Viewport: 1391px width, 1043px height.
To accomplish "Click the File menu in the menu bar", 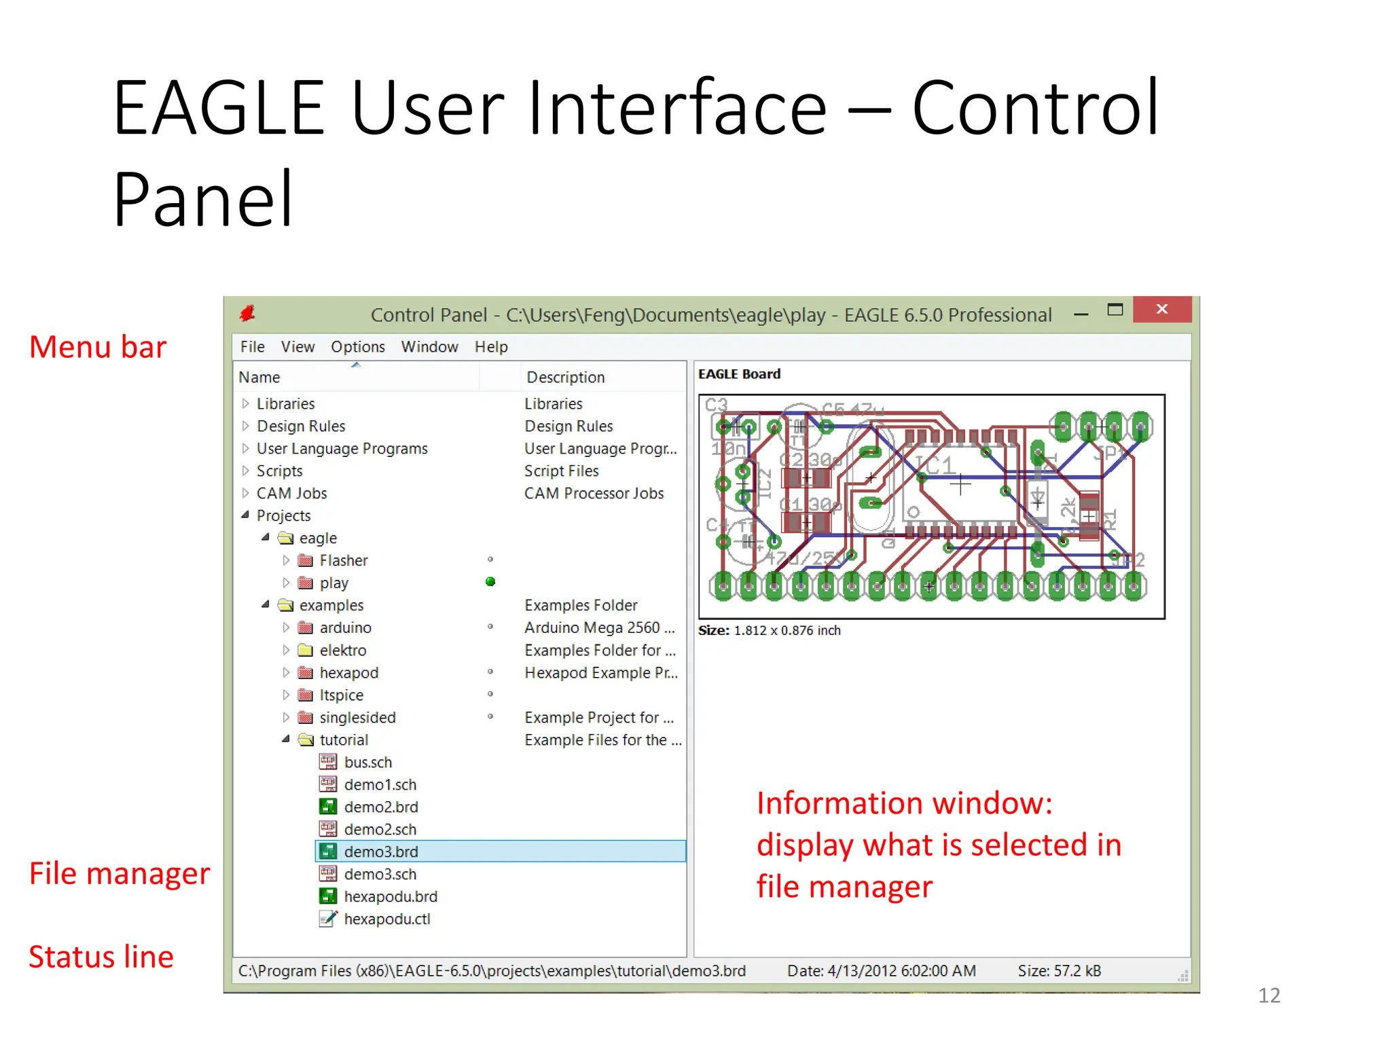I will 252,347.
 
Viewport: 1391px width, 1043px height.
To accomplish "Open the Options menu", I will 357,347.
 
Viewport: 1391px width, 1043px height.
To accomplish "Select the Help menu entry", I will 490,347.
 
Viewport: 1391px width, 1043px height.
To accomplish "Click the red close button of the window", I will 1161,310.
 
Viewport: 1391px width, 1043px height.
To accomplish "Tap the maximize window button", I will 1115,310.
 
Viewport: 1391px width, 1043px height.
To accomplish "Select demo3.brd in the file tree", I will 380,852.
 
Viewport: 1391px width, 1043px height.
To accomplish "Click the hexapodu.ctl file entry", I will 386,919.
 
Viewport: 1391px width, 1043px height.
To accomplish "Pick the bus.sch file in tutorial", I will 367,762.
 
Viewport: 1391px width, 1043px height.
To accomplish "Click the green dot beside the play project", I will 490,582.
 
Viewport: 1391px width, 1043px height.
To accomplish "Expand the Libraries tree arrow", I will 245,403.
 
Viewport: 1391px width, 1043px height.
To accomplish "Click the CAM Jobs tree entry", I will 291,493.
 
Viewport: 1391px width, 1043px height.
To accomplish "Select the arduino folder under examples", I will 345,627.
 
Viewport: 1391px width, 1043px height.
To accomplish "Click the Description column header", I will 565,377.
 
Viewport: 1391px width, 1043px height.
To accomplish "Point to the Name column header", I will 259,377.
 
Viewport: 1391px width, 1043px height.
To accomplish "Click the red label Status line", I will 101,957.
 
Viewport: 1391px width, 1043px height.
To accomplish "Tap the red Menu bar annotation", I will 98,347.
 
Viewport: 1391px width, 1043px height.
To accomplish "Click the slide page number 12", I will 1269,995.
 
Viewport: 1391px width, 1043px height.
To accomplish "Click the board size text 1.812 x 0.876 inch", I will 787,630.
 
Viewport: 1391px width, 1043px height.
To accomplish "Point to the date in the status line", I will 881,971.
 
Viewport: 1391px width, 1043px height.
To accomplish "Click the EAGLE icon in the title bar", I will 247,313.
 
